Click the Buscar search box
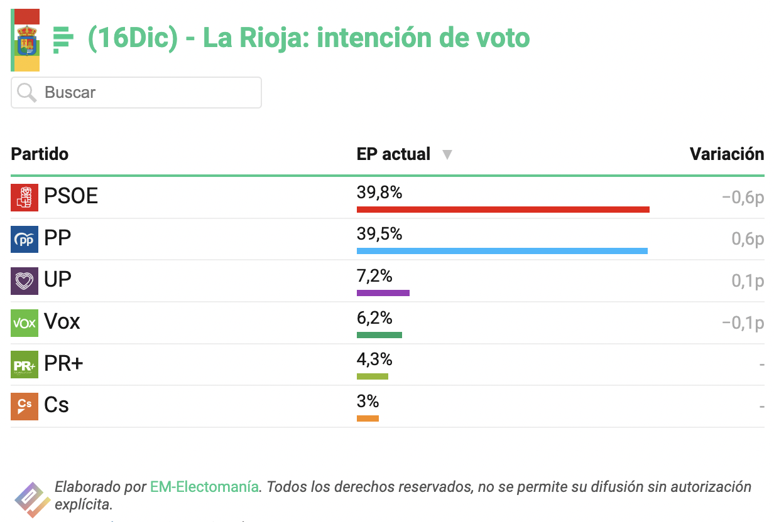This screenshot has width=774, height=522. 136,92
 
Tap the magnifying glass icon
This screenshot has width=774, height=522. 27,92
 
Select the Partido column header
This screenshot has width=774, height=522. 40,154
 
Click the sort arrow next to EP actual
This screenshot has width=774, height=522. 447,154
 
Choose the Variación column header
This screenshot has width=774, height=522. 727,154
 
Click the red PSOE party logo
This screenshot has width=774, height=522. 25,198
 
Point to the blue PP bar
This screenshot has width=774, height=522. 502,251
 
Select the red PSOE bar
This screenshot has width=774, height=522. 503,210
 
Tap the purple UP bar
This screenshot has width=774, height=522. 383,293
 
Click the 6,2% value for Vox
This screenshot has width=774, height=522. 374,317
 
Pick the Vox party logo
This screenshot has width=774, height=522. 25,323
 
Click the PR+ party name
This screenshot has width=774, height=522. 63,363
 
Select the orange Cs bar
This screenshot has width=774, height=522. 368,418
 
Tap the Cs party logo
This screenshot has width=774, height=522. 25,407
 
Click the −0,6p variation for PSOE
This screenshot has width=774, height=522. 743,198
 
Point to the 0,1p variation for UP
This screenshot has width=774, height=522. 748,281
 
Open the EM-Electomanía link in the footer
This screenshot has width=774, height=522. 204,487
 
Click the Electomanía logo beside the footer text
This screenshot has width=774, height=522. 32,499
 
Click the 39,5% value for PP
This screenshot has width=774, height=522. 379,234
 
